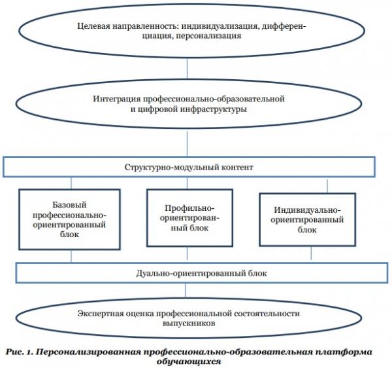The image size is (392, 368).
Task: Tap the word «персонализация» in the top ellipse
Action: (x=208, y=35)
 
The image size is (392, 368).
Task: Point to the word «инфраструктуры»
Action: (x=213, y=109)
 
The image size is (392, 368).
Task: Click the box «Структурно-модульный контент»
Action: (x=189, y=167)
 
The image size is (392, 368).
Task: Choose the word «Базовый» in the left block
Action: (x=69, y=205)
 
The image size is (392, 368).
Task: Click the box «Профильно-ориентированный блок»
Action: (x=189, y=218)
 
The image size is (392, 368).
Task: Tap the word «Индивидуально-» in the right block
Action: (x=307, y=210)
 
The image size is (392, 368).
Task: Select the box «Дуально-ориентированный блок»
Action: (x=202, y=273)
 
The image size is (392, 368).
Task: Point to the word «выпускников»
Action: (x=189, y=323)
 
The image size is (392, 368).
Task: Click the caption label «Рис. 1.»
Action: (x=20, y=352)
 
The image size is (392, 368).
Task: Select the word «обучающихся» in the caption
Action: (x=189, y=361)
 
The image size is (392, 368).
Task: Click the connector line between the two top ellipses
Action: (x=187, y=68)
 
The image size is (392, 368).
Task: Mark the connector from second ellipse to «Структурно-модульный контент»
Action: (x=187, y=143)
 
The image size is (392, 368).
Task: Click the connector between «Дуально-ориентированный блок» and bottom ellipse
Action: (x=186, y=290)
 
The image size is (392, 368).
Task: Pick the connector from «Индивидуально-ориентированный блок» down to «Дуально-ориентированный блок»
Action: (x=311, y=253)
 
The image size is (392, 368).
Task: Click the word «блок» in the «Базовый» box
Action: (x=69, y=234)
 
